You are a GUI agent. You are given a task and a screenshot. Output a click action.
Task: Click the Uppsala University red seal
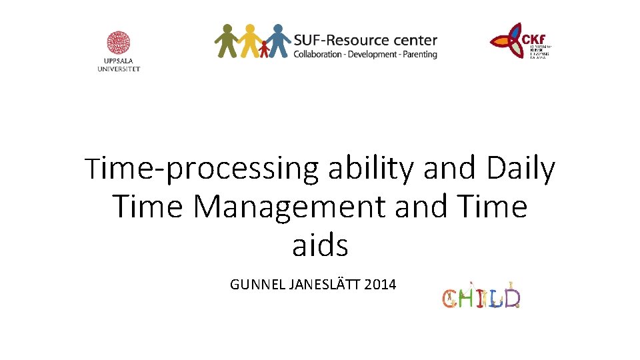tap(119, 43)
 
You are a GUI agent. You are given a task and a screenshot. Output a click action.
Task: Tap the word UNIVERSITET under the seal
tap(119, 69)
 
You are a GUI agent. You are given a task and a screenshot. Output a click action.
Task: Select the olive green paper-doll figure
tap(227, 41)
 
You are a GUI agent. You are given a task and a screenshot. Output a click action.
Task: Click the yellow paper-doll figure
tap(250, 41)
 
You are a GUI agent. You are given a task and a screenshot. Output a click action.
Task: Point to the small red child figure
tap(265, 49)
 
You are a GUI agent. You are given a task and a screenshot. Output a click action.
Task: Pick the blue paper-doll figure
tap(277, 41)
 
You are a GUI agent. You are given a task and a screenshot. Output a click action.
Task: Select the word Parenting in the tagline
tap(419, 55)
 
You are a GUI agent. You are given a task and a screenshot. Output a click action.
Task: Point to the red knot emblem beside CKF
tap(511, 42)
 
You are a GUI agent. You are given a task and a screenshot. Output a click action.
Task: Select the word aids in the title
tap(320, 245)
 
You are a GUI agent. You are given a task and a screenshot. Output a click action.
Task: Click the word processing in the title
tap(243, 171)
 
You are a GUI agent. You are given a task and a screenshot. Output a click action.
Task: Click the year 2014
tap(381, 285)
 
